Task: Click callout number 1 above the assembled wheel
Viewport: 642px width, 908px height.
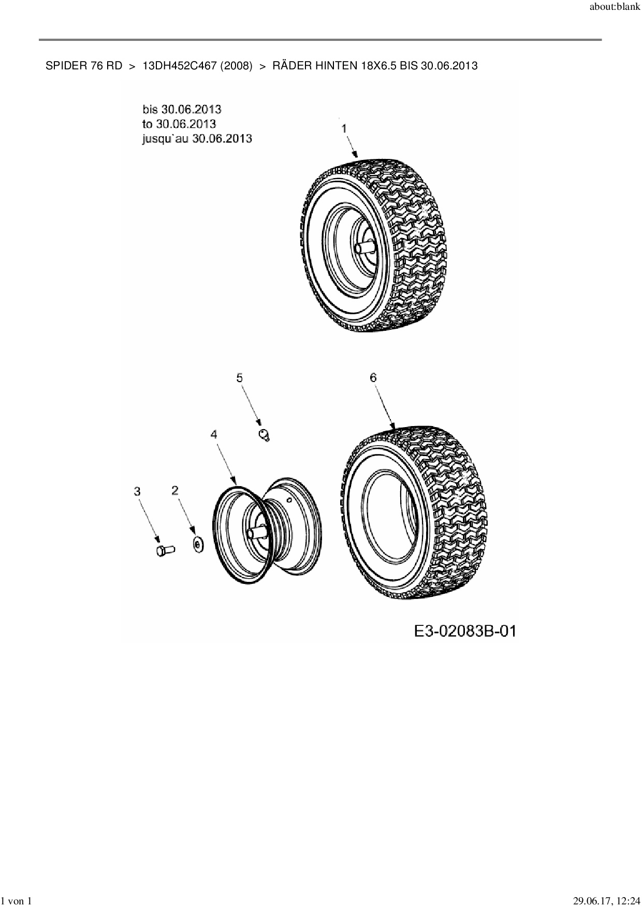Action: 344,128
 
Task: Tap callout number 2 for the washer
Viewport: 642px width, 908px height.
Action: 175,490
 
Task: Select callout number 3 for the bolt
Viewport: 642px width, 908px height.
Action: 137,491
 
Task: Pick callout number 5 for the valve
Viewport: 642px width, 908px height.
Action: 239,378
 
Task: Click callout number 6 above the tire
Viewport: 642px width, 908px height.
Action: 373,378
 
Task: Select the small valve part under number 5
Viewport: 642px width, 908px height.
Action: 265,435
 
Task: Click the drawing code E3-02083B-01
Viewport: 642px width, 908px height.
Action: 464,631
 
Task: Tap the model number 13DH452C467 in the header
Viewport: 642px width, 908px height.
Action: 179,66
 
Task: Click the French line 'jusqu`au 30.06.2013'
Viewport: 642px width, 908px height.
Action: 197,139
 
